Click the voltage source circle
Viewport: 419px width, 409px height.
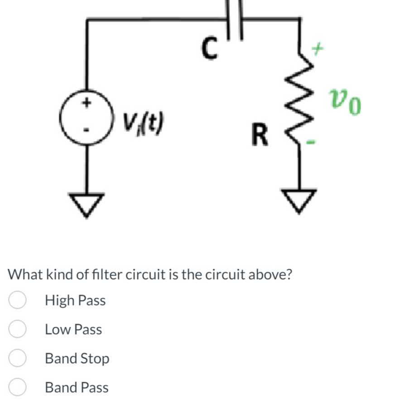pyautogui.click(x=86, y=117)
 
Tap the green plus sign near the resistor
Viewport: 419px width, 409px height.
pyautogui.click(x=318, y=48)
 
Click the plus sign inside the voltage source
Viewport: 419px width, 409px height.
pyautogui.click(x=86, y=103)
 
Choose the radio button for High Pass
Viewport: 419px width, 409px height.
pyautogui.click(x=17, y=301)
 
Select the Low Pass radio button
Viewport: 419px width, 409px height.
pyautogui.click(x=17, y=330)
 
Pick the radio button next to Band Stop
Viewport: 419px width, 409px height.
pyautogui.click(x=17, y=359)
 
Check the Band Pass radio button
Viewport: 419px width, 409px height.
pyautogui.click(x=17, y=388)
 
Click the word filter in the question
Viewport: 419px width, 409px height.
pyautogui.click(x=107, y=275)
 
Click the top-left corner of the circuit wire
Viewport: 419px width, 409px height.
pyautogui.click(x=87, y=19)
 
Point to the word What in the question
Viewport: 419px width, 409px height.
pyautogui.click(x=25, y=275)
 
